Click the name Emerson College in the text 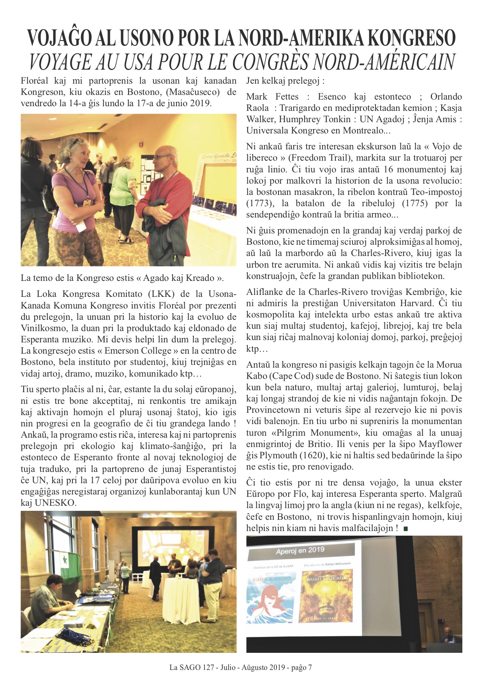[x=138, y=351]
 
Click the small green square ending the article [x=405, y=529]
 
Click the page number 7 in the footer [x=310, y=668]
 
